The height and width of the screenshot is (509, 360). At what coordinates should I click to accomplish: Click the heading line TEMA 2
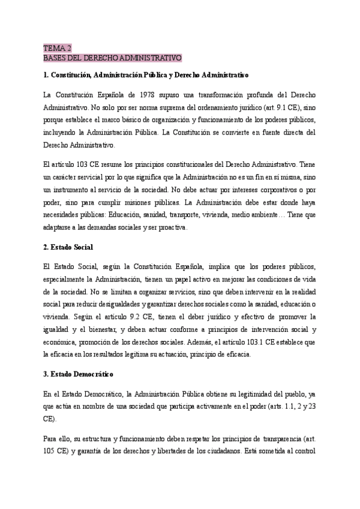tap(58, 48)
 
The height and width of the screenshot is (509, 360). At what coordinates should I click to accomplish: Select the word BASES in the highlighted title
tap(56, 58)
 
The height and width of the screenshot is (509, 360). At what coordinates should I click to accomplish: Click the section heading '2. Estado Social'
tap(68, 247)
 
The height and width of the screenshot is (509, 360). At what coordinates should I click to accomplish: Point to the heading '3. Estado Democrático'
tap(79, 374)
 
